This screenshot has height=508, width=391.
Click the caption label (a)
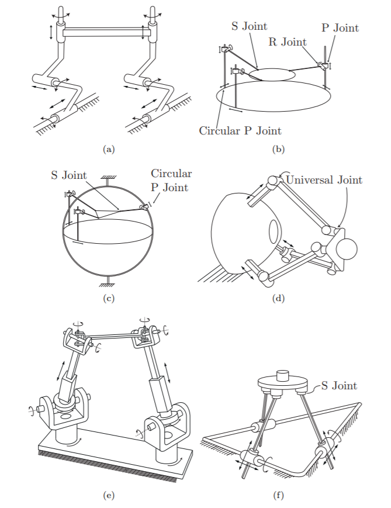pos(108,150)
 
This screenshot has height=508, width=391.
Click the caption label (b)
pos(278,150)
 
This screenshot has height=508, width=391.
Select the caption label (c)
pos(108,299)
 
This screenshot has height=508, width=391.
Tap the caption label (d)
pos(278,299)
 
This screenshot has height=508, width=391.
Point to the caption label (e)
pos(108,496)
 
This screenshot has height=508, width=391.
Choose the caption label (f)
pos(278,496)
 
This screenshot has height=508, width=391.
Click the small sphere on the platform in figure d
pos(346,248)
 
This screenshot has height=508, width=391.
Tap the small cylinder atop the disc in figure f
pos(283,374)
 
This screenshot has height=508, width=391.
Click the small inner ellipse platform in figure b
pos(272,75)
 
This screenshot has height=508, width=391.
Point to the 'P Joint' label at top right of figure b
pos(340,27)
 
